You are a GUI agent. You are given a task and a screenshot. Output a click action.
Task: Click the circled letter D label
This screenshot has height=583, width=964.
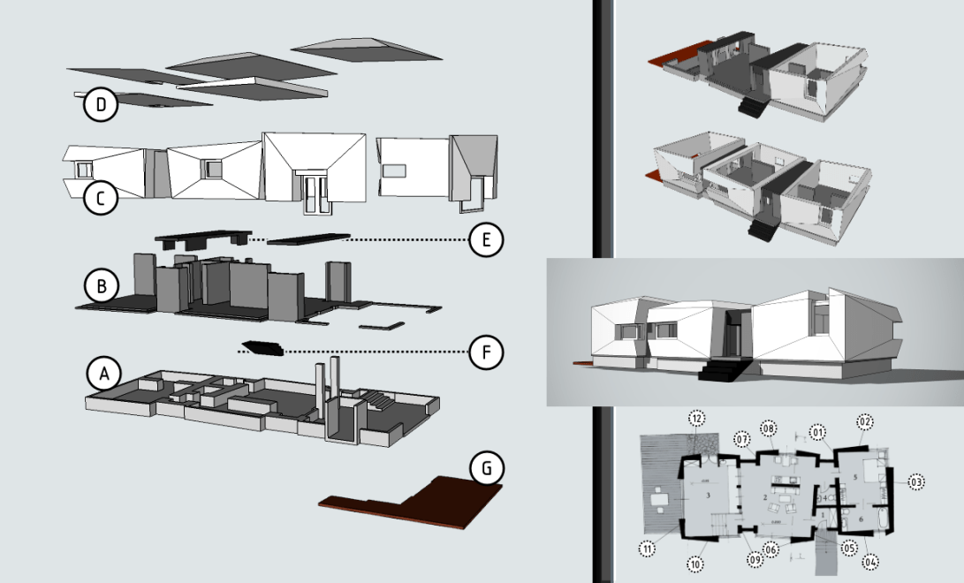[x=101, y=106]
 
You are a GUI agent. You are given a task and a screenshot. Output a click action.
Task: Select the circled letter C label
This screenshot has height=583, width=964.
[x=101, y=199]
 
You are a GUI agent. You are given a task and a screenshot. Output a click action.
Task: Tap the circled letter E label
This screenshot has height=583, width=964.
[x=486, y=238]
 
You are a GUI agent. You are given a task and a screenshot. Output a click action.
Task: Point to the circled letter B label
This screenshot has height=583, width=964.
[x=101, y=287]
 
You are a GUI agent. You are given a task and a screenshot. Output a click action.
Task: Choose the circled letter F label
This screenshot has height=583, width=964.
[x=486, y=353]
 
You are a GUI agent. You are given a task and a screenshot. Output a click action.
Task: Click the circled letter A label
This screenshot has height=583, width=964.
[x=103, y=375]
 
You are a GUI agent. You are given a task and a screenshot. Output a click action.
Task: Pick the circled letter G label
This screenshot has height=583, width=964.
[x=486, y=469]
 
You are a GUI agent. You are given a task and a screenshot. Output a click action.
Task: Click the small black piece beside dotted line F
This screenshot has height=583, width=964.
[x=262, y=347]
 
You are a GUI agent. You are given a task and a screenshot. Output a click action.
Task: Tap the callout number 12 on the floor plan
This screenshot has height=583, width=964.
[x=696, y=418]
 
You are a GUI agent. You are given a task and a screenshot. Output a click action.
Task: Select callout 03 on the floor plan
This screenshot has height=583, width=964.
[x=915, y=482]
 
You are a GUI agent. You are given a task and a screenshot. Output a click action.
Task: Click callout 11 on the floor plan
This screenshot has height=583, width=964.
[x=649, y=549]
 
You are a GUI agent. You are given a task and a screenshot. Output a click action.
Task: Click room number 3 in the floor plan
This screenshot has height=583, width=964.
[x=709, y=496]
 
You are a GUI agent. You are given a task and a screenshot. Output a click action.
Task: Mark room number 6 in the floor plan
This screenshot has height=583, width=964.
[x=861, y=519]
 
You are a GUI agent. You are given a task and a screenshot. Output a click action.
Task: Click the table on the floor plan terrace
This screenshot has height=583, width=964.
[x=658, y=500]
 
